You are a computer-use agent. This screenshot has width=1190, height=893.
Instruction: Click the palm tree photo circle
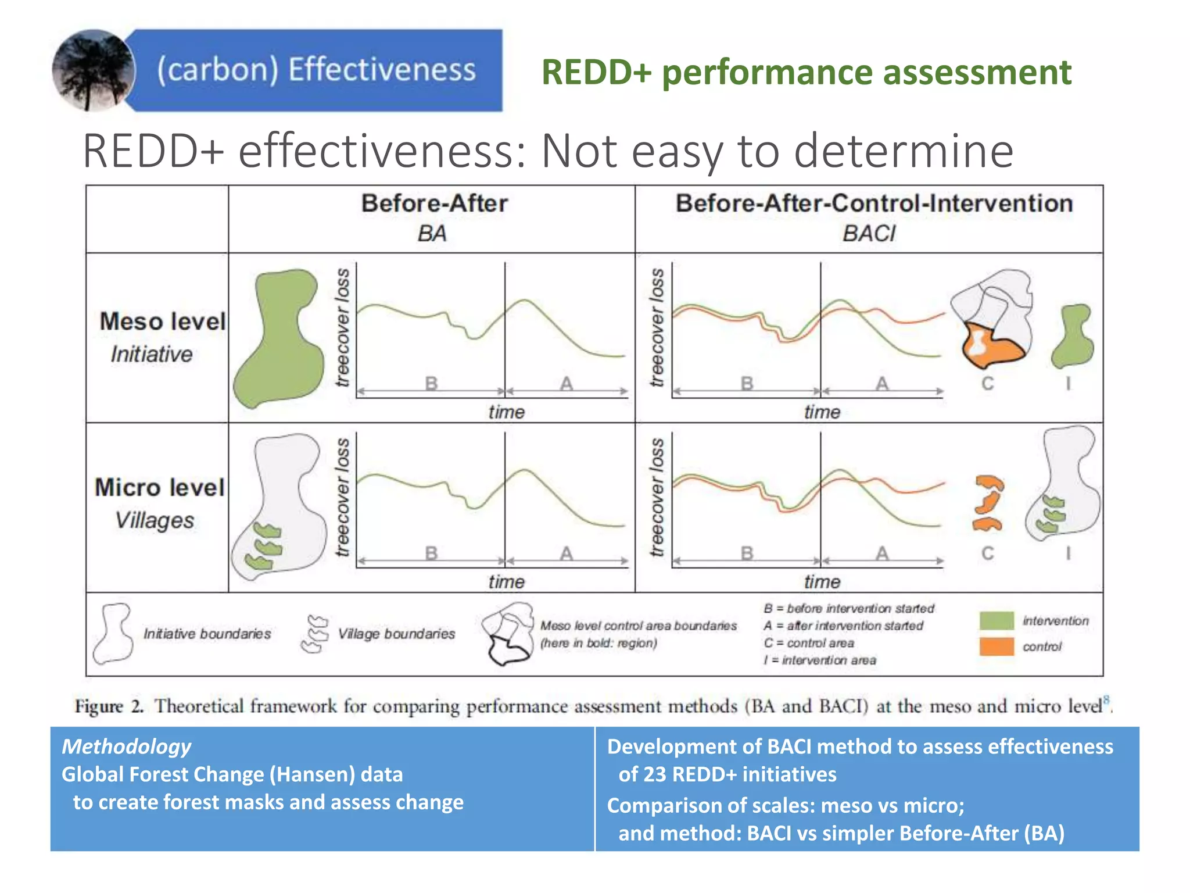pyautogui.click(x=93, y=70)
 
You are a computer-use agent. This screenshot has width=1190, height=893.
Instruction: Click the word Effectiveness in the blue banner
pyautogui.click(x=382, y=70)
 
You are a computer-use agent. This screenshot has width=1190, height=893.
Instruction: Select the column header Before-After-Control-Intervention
pyautogui.click(x=874, y=203)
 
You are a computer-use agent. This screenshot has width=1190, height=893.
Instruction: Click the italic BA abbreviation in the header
pyautogui.click(x=432, y=234)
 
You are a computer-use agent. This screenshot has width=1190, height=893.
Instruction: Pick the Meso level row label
pyautogui.click(x=162, y=322)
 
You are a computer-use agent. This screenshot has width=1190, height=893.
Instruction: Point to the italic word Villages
pyautogui.click(x=155, y=520)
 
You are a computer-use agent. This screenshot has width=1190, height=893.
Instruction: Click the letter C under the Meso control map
pyautogui.click(x=987, y=384)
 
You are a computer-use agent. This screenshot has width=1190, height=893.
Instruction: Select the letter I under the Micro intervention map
pyautogui.click(x=1068, y=553)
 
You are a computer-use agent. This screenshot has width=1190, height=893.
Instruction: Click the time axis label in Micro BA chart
pyautogui.click(x=506, y=581)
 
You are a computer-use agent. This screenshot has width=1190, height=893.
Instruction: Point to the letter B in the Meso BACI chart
pyautogui.click(x=747, y=384)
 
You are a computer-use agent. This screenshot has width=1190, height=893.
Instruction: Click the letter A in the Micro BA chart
pyautogui.click(x=567, y=553)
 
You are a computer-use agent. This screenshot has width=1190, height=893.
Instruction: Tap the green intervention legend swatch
pyautogui.click(x=996, y=620)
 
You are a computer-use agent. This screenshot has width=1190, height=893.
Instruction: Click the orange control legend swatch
pyautogui.click(x=996, y=646)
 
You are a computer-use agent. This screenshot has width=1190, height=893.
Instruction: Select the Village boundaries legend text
pyautogui.click(x=396, y=634)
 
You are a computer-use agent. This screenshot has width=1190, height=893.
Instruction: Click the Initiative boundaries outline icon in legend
pyautogui.click(x=114, y=634)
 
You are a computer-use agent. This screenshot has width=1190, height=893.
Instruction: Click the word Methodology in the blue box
pyautogui.click(x=126, y=746)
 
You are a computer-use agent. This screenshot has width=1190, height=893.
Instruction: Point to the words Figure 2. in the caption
pyautogui.click(x=109, y=706)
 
